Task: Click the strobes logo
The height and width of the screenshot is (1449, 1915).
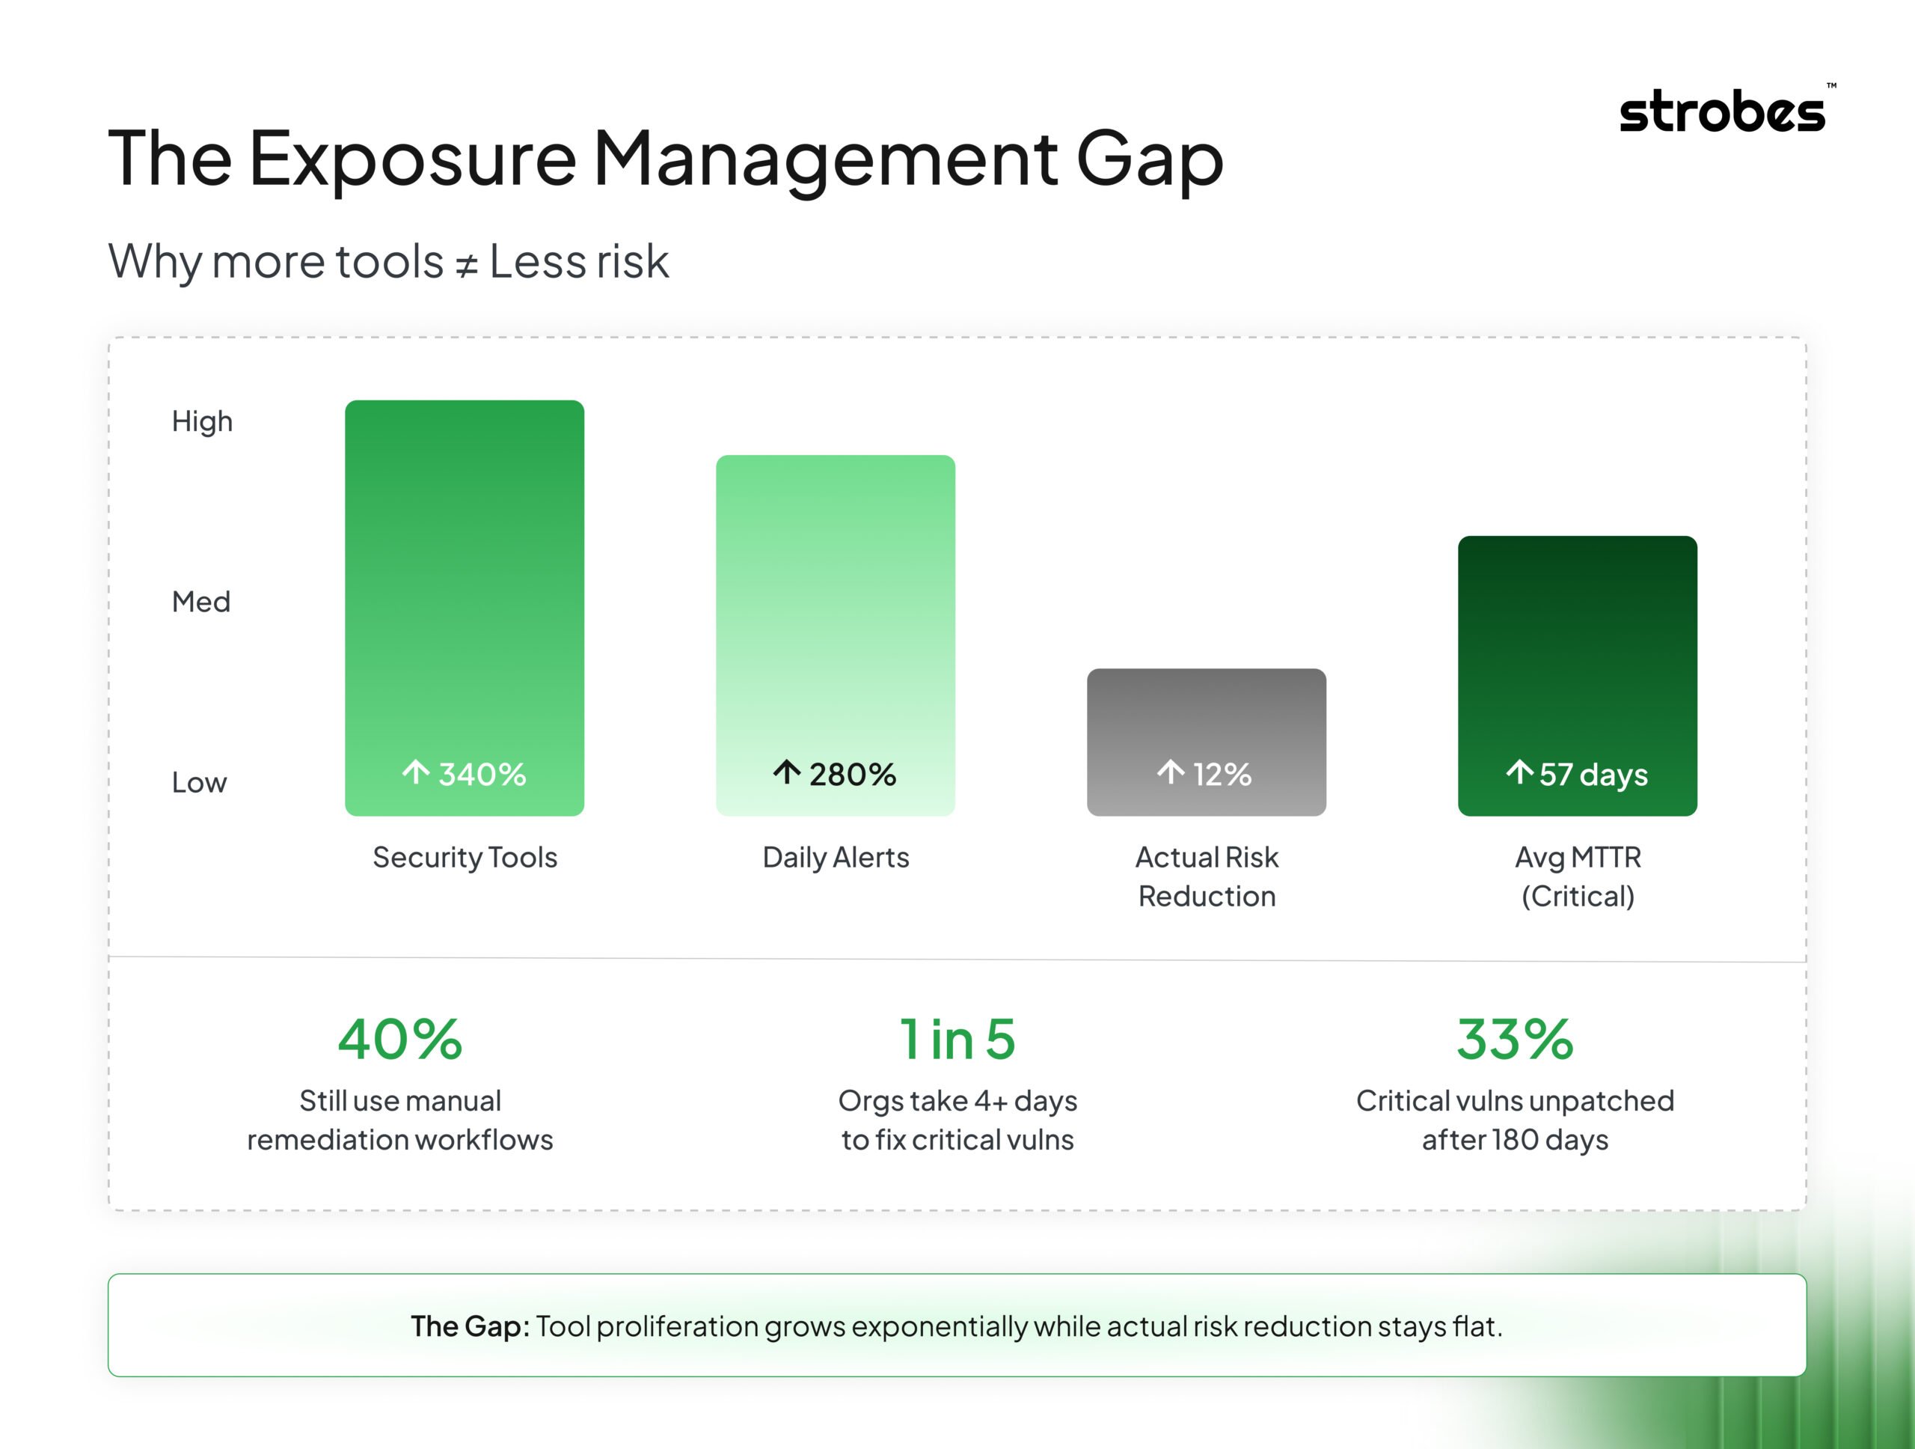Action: click(x=1723, y=112)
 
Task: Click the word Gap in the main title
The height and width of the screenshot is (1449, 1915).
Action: click(x=1149, y=159)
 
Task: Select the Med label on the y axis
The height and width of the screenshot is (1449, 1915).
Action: click(x=200, y=601)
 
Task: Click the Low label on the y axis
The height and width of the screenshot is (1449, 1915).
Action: click(x=198, y=782)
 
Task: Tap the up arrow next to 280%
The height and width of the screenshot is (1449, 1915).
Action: click(x=786, y=772)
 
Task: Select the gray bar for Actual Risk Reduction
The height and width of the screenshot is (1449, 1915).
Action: click(x=1206, y=719)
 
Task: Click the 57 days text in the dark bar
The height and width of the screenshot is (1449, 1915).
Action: click(x=1593, y=775)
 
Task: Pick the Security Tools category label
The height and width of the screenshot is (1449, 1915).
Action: click(x=465, y=858)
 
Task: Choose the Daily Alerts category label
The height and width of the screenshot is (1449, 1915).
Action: click(x=836, y=858)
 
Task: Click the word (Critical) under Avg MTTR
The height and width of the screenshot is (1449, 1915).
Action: click(x=1578, y=897)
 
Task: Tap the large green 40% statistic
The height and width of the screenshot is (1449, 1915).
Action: click(x=400, y=1040)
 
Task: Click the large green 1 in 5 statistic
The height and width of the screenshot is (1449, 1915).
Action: click(x=957, y=1040)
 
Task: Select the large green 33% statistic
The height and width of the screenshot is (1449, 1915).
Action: click(x=1514, y=1040)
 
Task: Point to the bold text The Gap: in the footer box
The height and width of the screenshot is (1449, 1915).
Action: click(x=469, y=1326)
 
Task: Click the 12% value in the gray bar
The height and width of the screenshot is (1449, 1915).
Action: click(x=1222, y=775)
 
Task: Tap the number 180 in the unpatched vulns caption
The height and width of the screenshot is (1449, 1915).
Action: click(x=1514, y=1140)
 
